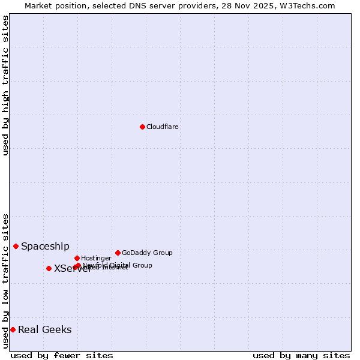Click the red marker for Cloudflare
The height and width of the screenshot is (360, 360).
(142, 127)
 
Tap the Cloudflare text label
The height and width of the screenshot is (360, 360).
(163, 127)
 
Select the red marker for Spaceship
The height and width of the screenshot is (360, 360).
(16, 246)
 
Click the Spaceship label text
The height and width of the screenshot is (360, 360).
(45, 247)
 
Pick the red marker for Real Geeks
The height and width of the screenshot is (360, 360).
(13, 329)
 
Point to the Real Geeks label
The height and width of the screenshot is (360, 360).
(44, 330)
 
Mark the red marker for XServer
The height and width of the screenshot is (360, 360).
(49, 268)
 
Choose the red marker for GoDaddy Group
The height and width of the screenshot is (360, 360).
(118, 253)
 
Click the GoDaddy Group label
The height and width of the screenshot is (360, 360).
(147, 253)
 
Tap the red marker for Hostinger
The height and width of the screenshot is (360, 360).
(77, 258)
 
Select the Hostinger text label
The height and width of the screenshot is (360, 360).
(96, 259)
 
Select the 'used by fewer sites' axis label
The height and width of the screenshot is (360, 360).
(62, 356)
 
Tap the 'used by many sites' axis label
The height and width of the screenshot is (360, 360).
(301, 356)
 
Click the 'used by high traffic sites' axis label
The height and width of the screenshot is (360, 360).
(6, 85)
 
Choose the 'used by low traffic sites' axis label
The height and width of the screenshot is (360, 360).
(6, 281)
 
